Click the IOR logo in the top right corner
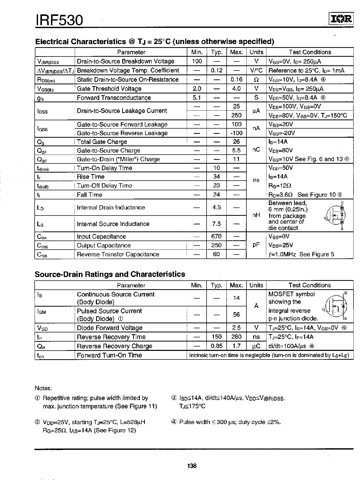pyautogui.click(x=341, y=19)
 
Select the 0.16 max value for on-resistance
pyautogui.click(x=236, y=79)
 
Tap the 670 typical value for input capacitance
pyautogui.click(x=216, y=236)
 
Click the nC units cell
pyautogui.click(x=256, y=150)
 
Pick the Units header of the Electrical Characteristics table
pyautogui.click(x=256, y=52)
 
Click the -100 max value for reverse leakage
pyautogui.click(x=236, y=133)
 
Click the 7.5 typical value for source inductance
pyautogui.click(x=216, y=224)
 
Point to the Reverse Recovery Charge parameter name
pyautogui.click(x=114, y=346)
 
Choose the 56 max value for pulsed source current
pyautogui.click(x=236, y=314)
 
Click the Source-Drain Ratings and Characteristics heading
pyautogui.click(x=110, y=274)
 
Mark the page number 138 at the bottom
pyautogui.click(x=192, y=466)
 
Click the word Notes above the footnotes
pyautogui.click(x=44, y=388)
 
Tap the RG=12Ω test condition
pyautogui.click(x=280, y=186)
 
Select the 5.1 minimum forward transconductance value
pyautogui.click(x=197, y=98)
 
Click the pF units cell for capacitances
pyautogui.click(x=256, y=245)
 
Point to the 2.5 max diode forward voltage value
pyautogui.click(x=236, y=328)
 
